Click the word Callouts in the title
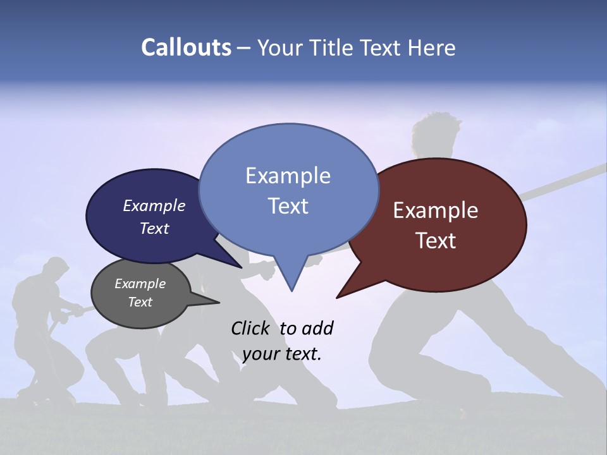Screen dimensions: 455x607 click(186, 47)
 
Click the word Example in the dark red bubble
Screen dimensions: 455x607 click(436, 210)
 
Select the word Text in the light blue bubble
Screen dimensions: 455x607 click(288, 206)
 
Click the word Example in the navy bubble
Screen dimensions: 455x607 click(154, 205)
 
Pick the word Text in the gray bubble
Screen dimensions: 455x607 click(140, 302)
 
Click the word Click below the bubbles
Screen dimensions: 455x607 click(251, 328)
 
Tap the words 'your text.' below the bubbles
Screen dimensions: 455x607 click(282, 354)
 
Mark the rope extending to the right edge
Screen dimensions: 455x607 click(569, 177)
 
